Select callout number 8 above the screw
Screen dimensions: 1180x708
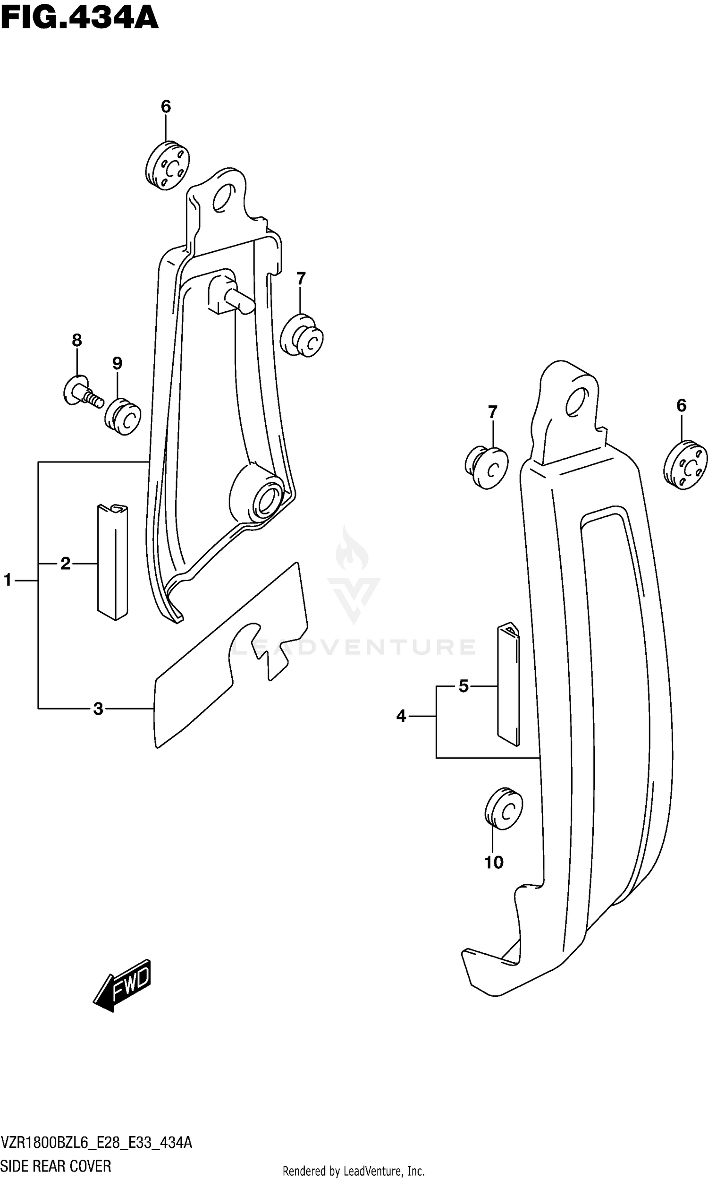pyautogui.click(x=77, y=340)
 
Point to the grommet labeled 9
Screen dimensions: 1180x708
pyautogui.click(x=123, y=416)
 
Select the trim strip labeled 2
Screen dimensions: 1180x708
pyautogui.click(x=113, y=562)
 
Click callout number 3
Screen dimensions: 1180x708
pyautogui.click(x=98, y=709)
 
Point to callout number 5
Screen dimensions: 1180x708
pyautogui.click(x=463, y=686)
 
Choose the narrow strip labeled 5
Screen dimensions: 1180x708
pyautogui.click(x=508, y=684)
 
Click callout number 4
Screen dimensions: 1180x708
pyautogui.click(x=401, y=716)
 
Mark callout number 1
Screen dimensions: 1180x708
pyautogui.click(x=8, y=580)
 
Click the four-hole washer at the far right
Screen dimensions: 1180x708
pyautogui.click(x=685, y=465)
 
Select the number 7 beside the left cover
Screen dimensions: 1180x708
pyautogui.click(x=301, y=278)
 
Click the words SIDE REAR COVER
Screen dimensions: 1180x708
pyautogui.click(x=56, y=1163)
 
